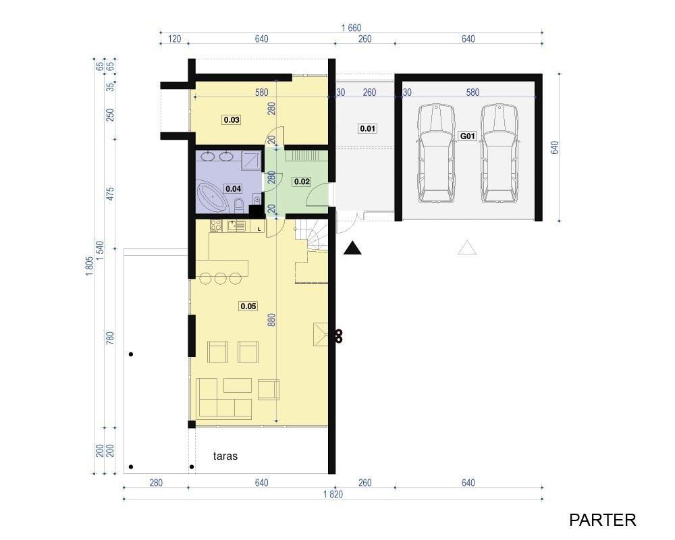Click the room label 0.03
coord(232,119)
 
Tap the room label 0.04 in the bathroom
coord(234,188)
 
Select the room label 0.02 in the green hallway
coord(302,182)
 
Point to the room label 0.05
coord(248,306)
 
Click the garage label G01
coord(468,136)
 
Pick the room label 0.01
coord(368,128)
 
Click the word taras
coord(225,456)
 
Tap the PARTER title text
coord(602,520)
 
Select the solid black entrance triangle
coord(352,248)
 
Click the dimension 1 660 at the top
coord(351,28)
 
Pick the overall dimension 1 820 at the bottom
coord(333,494)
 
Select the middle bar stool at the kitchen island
coord(221,278)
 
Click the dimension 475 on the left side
coord(111,194)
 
